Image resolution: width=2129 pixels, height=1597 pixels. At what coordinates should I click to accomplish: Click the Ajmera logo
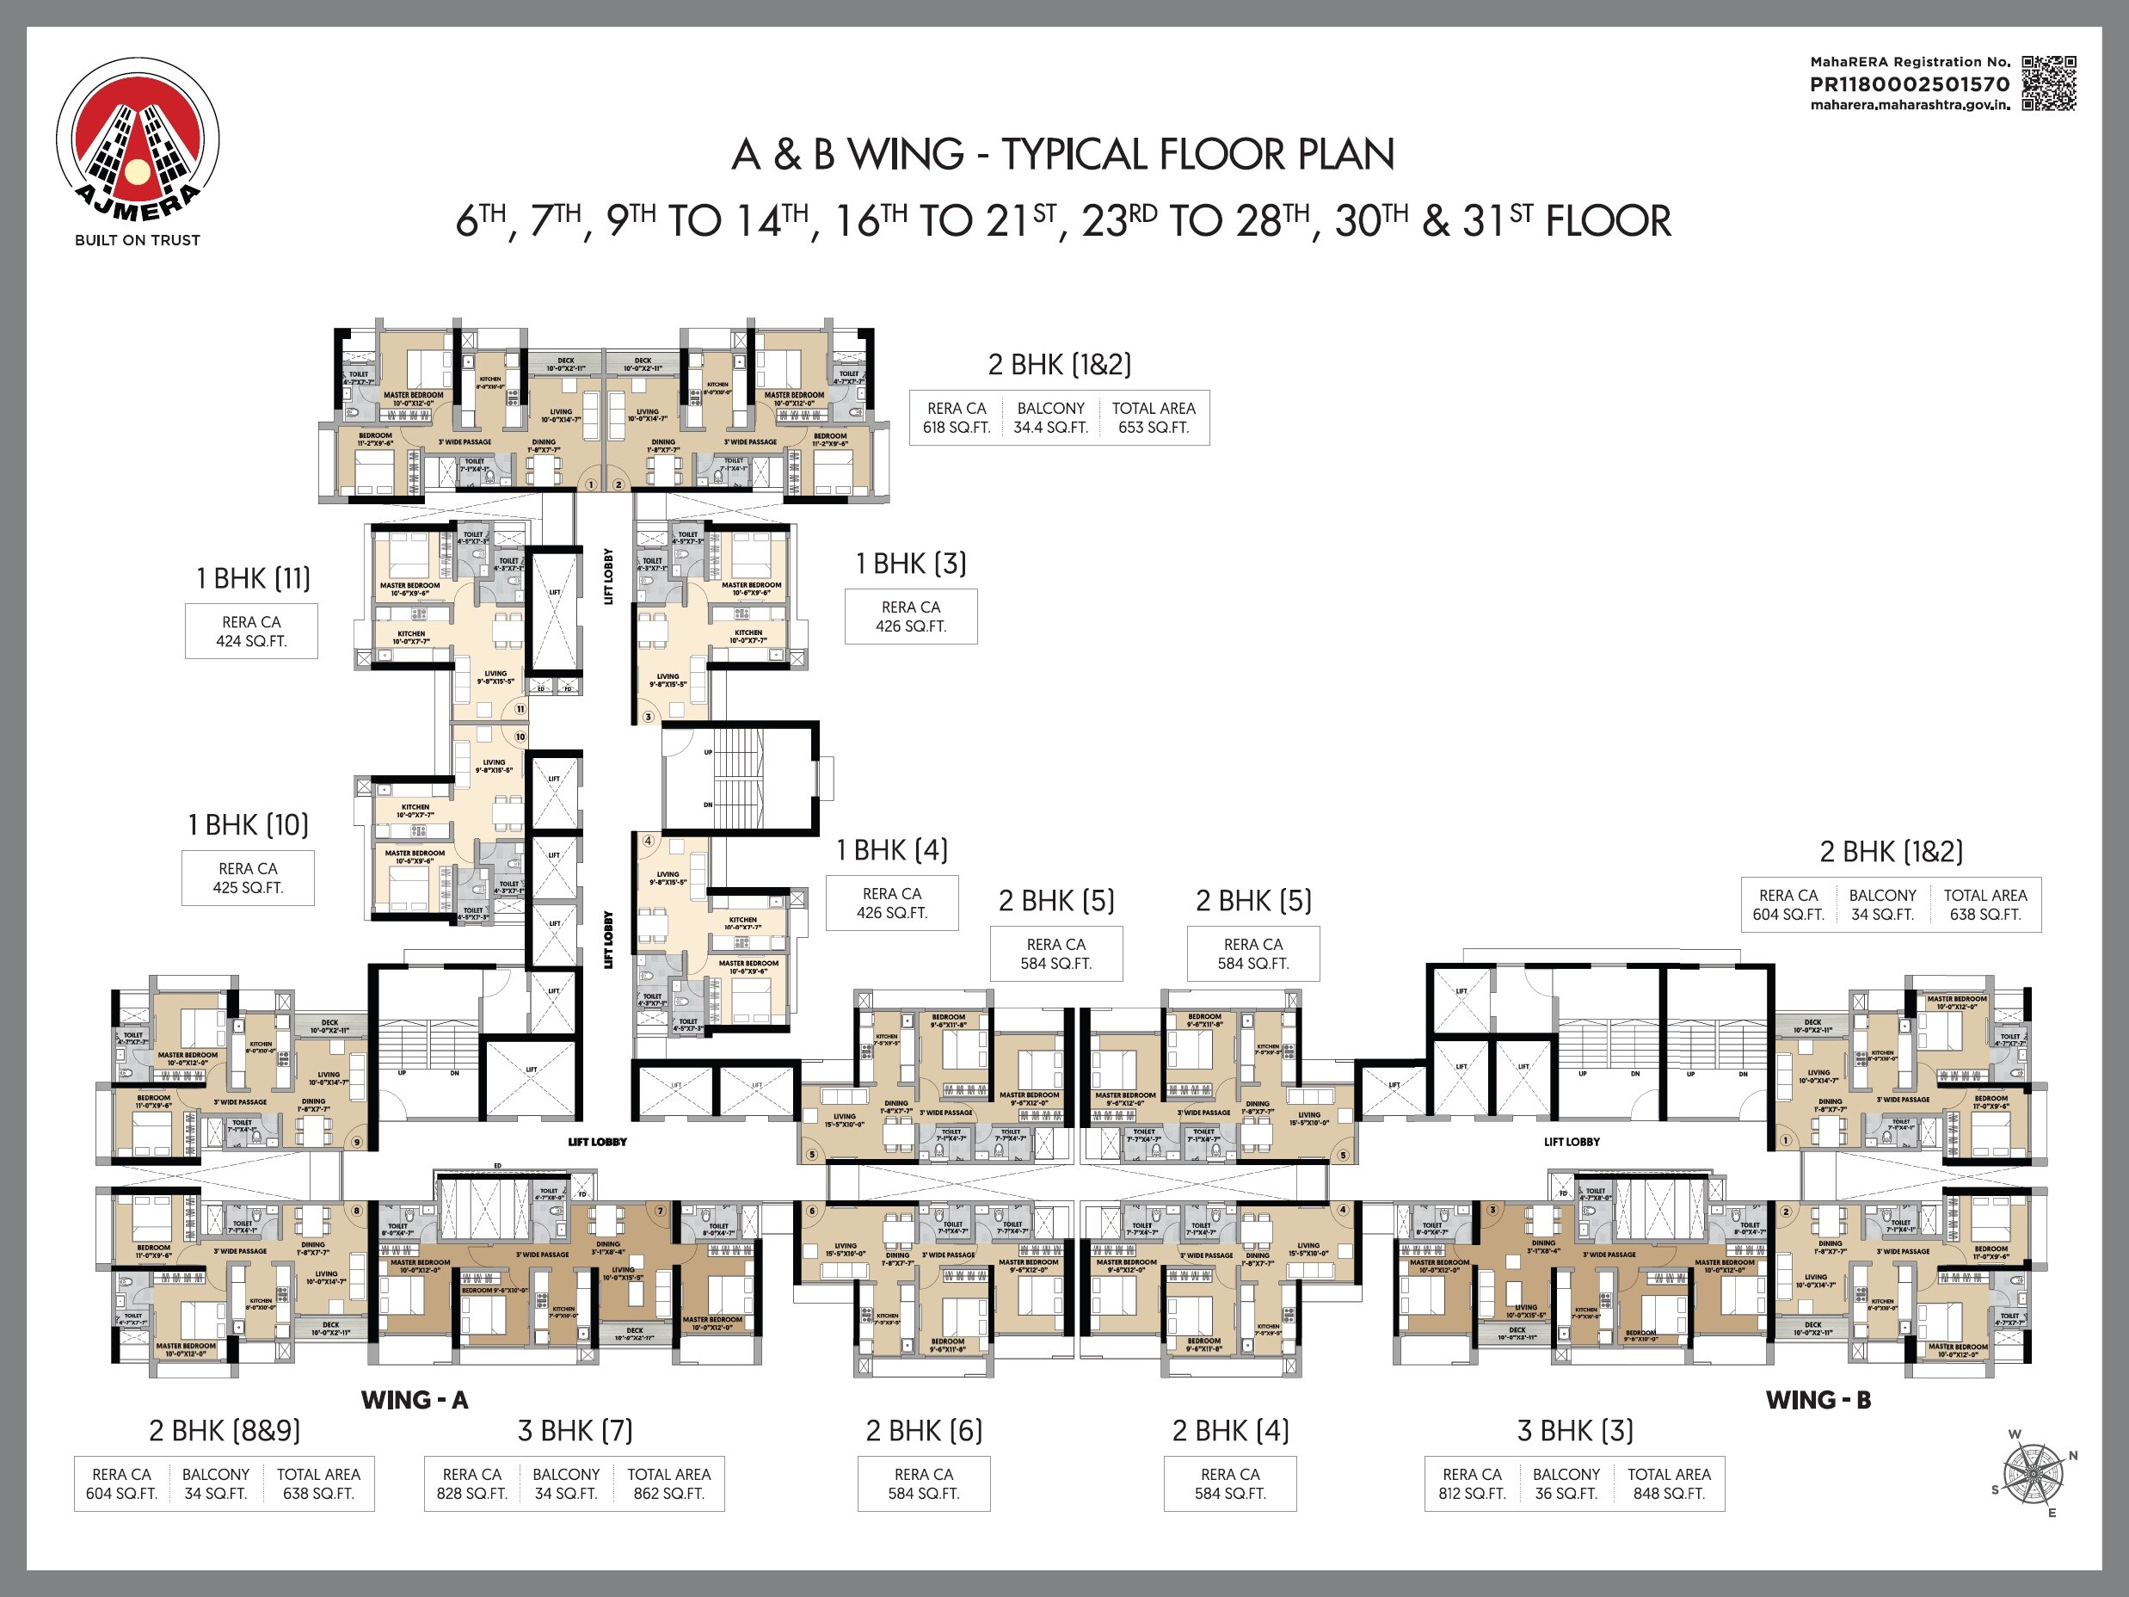pos(138,140)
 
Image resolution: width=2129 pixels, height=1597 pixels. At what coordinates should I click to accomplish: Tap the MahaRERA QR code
pos(2048,83)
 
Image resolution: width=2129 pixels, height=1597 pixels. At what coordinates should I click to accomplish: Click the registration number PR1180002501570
pos(1910,84)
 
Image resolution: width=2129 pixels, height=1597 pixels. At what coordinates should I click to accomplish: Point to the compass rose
pos(2033,1474)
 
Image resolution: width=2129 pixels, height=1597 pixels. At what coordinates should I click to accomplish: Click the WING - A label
pos(414,1400)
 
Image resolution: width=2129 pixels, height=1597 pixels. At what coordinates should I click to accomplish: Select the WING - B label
pos(1817,1400)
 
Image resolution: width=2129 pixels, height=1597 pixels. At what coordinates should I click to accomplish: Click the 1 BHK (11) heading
pos(253,578)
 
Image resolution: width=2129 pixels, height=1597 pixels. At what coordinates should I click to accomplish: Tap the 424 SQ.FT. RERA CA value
pos(251,641)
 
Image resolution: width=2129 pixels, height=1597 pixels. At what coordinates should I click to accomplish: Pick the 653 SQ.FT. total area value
pos(1153,428)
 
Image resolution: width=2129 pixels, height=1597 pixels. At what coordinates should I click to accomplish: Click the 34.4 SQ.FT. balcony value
pos(1050,428)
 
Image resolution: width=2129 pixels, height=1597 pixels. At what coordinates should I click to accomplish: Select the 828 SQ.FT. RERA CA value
pos(471,1493)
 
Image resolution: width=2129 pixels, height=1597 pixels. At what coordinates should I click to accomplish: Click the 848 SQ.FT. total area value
pos(1669,1493)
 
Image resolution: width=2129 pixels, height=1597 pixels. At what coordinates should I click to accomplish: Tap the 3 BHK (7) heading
pos(575,1430)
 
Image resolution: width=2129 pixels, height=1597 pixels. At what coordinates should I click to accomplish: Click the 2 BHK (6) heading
pos(924,1430)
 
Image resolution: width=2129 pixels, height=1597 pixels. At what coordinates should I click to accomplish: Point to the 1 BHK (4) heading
pos(891,850)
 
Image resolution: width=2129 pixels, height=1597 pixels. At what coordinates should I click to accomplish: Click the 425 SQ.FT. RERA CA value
pos(248,887)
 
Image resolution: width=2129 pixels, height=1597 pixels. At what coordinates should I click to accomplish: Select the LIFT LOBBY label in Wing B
pos(1572,1142)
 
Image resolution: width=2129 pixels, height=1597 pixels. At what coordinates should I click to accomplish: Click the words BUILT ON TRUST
pos(138,240)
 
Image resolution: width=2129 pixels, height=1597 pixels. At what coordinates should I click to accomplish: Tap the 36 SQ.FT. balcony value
pos(1566,1493)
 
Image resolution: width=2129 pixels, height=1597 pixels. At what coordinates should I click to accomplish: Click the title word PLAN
pos(1345,155)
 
